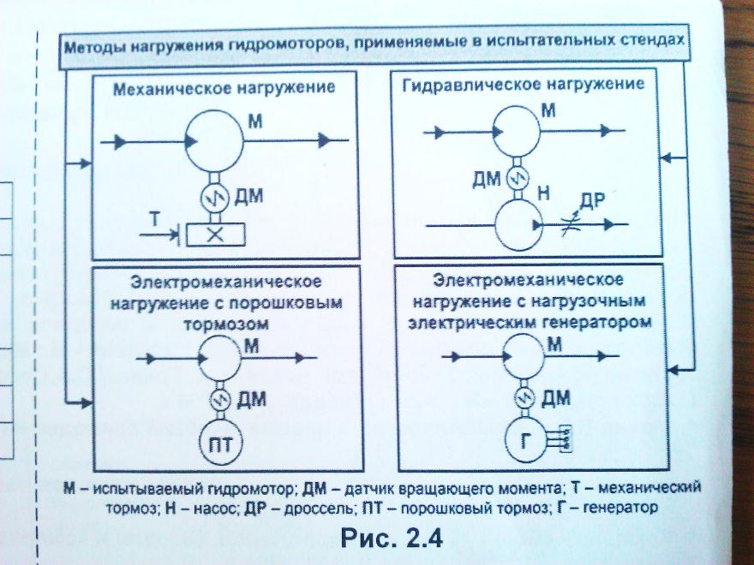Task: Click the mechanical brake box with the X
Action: tap(214, 234)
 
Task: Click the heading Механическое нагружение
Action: tap(225, 88)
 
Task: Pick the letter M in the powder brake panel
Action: tap(252, 346)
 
